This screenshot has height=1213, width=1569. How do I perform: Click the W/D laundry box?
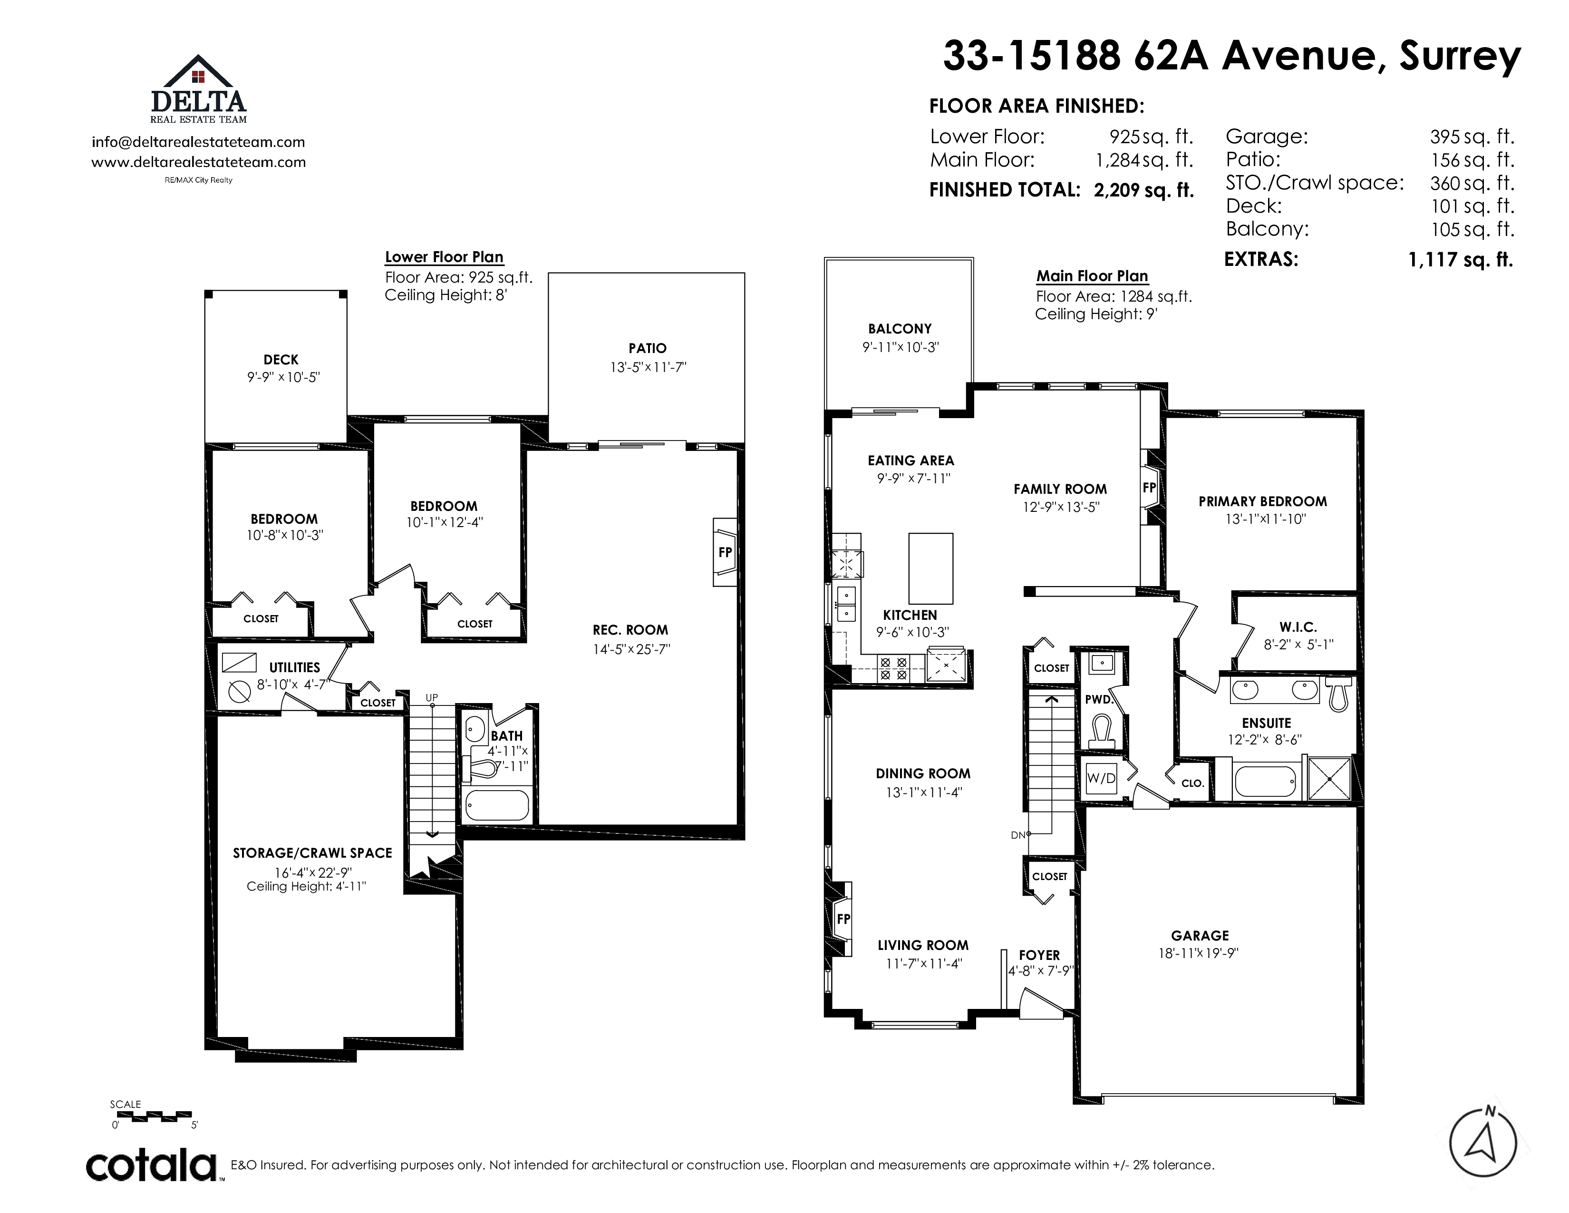pyautogui.click(x=1101, y=778)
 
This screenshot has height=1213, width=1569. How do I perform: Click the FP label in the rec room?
pyautogui.click(x=725, y=552)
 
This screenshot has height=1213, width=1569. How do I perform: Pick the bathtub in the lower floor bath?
pyautogui.click(x=497, y=805)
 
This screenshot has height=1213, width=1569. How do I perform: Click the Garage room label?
pyautogui.click(x=1200, y=936)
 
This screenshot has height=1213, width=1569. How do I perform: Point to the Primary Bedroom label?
pyautogui.click(x=1262, y=501)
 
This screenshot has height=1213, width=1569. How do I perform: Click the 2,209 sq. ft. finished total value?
pyautogui.click(x=1143, y=190)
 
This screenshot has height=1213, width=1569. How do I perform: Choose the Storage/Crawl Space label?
pyautogui.click(x=312, y=853)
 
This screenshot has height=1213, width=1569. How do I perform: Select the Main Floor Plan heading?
pyautogui.click(x=1092, y=276)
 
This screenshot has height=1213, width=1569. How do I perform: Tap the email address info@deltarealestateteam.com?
pyautogui.click(x=198, y=142)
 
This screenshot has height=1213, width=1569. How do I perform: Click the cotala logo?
pyautogui.click(x=152, y=1165)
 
